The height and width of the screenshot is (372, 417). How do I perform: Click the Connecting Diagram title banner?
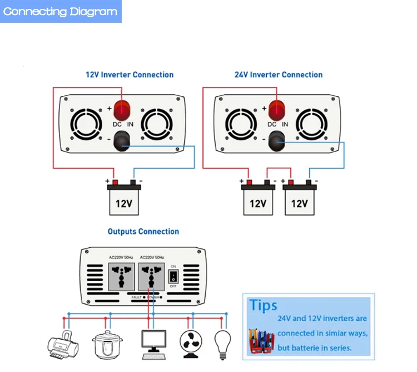(x=61, y=12)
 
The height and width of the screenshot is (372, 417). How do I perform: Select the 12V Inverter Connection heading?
(x=129, y=75)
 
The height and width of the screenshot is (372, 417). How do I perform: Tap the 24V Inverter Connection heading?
(x=279, y=75)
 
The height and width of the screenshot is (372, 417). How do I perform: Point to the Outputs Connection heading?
(x=143, y=232)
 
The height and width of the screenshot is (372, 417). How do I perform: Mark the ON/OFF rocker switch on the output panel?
(x=173, y=276)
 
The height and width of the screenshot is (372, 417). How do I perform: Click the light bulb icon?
(x=223, y=342)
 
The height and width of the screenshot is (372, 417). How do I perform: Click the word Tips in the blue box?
(x=264, y=305)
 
